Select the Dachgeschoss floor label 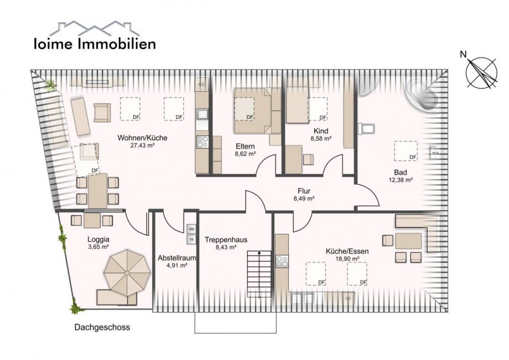102,327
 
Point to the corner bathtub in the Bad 423,94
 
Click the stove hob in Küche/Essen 282,261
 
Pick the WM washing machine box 191,229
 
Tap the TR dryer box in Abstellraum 191,240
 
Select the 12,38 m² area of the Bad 400,180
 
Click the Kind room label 321,131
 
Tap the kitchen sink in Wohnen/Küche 202,116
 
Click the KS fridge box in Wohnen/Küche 201,84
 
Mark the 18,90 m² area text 347,259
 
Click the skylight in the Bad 406,150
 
